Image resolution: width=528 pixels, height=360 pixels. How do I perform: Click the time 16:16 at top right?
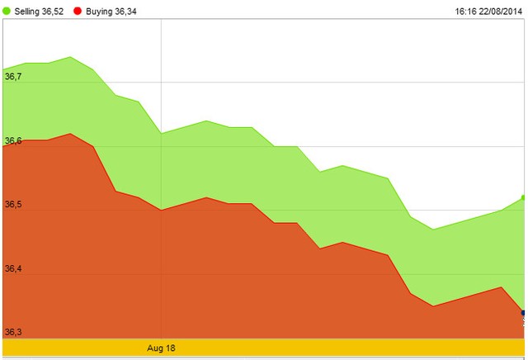tap(466, 11)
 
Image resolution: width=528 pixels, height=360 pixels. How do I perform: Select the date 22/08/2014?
tap(502, 11)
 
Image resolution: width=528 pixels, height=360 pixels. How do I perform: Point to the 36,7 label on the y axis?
tap(13, 77)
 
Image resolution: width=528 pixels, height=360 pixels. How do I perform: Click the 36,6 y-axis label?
tap(13, 141)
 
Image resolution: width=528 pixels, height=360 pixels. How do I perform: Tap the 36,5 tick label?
tap(13, 205)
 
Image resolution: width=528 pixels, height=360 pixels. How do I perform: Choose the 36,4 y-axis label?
tap(13, 269)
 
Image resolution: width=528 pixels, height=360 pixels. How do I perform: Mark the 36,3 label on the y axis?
tap(13, 332)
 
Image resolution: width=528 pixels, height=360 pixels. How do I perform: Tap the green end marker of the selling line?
tap(524, 198)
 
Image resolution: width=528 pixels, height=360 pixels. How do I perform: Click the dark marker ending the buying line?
tap(524, 313)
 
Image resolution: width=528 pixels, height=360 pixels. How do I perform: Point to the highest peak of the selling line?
tap(70, 57)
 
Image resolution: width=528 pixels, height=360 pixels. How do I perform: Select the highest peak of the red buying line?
tap(70, 134)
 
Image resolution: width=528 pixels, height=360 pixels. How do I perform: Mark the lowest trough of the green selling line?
tap(432, 230)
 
